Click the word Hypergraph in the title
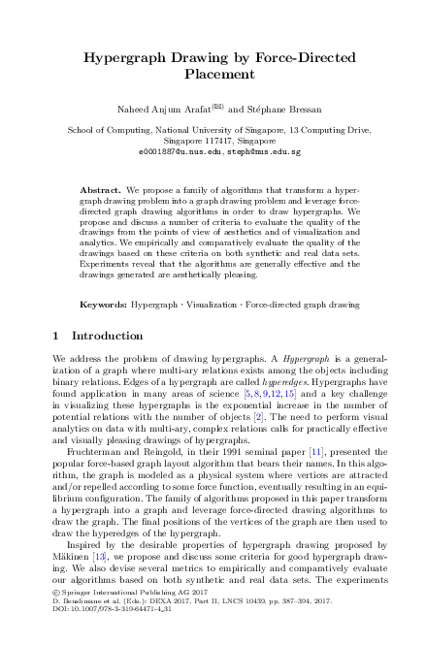(x=129, y=57)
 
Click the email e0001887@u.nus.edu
(x=172, y=152)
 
